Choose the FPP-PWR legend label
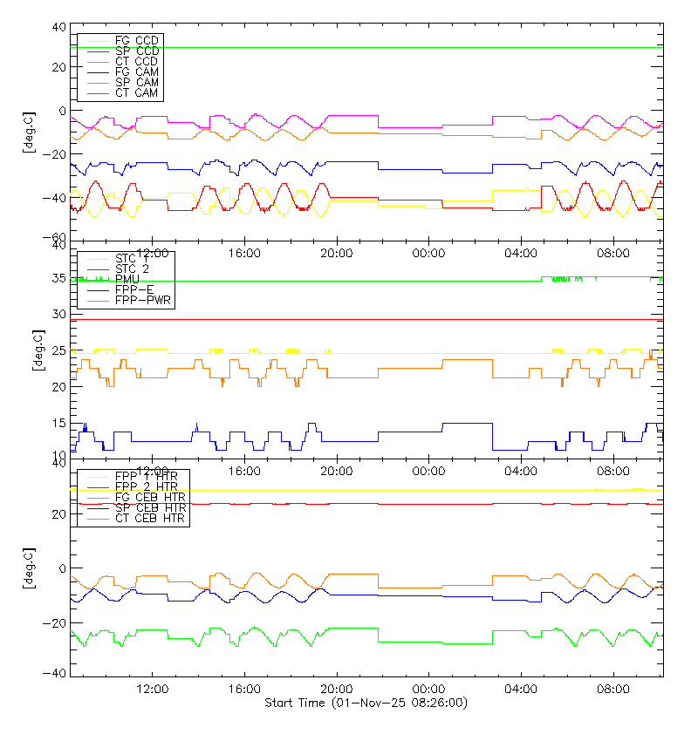tap(142, 300)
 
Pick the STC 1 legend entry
tap(132, 258)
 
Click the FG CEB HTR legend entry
tap(149, 497)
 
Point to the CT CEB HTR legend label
tap(149, 518)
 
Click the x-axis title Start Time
tap(366, 703)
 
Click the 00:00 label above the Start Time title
tap(428, 689)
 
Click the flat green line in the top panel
tap(393, 47)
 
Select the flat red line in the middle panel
tap(393, 319)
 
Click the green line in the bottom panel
tap(410, 642)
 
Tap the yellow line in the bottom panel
tap(393, 490)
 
